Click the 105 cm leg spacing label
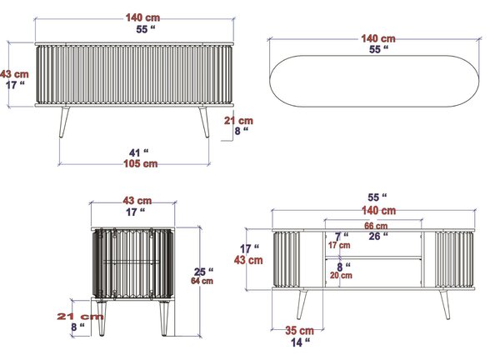[x=141, y=163]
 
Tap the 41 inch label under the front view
[x=138, y=152]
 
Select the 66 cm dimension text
[x=376, y=226]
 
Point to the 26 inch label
[x=378, y=237]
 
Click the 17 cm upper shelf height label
[x=339, y=245]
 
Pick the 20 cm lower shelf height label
[x=341, y=275]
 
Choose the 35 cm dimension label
[x=299, y=330]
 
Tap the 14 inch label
[x=300, y=342]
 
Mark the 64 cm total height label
[x=202, y=281]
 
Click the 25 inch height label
[x=204, y=272]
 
